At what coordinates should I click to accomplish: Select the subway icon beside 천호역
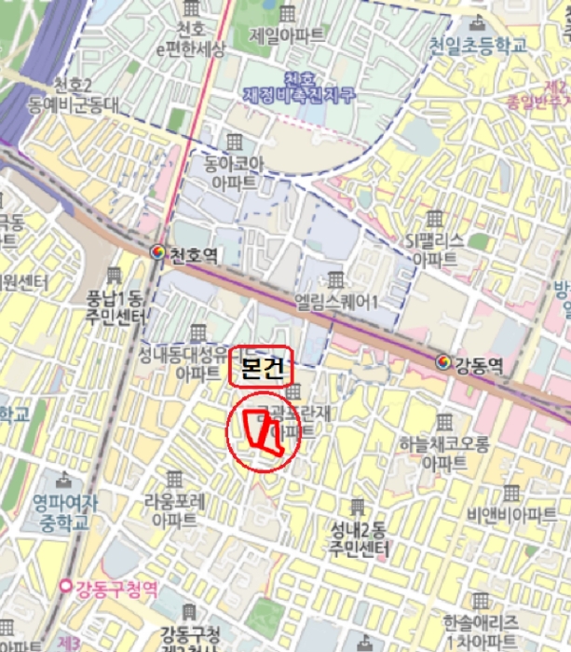pos(159,251)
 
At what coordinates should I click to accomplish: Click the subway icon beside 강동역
pos(442,362)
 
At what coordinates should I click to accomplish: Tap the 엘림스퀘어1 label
pos(335,301)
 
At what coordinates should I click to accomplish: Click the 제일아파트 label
pos(287,35)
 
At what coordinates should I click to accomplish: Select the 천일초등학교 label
pos(478,44)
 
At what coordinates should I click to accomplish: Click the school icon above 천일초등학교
pos(478,20)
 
